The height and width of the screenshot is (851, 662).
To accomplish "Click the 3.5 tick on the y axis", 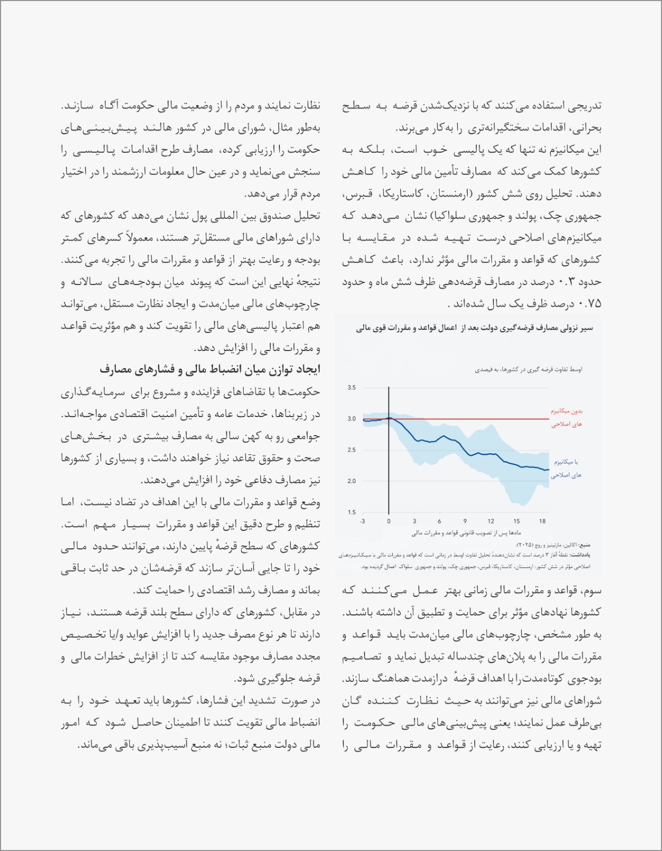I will point(352,388).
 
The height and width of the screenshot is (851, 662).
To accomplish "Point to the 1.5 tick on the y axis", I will point(352,513).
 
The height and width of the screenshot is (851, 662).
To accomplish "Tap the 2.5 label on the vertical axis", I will point(352,450).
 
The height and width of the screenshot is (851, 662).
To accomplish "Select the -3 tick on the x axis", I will point(362,521).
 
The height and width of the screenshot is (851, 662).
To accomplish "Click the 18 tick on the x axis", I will point(542,521).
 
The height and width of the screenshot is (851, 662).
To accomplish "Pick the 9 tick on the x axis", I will point(465,521).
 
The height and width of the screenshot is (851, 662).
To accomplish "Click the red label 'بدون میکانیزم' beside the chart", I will point(567,411).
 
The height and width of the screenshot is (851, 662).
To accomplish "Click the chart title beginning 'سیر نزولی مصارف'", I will point(474,329).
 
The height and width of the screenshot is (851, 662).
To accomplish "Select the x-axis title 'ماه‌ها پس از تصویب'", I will point(466,532).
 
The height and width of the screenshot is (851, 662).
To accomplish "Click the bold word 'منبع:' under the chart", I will point(584,545).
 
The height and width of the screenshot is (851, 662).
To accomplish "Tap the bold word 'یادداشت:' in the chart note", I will point(582,555).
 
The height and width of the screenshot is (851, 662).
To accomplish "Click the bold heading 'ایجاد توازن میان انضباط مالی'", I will point(210,369).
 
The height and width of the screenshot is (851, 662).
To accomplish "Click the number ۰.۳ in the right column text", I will point(564,282).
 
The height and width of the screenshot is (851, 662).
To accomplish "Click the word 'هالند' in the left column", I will point(167,128).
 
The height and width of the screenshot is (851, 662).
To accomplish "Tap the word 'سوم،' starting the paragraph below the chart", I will point(592,590).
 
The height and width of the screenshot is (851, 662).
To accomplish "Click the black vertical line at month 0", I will point(389,452).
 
